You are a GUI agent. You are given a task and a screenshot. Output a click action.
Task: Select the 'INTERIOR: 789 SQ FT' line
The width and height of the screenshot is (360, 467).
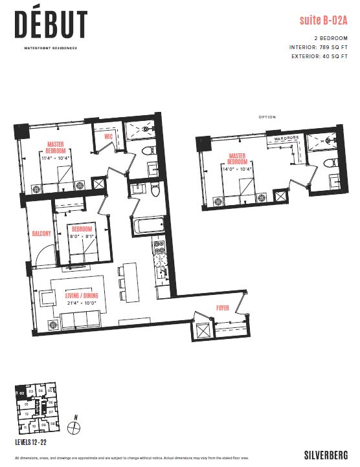[319, 48]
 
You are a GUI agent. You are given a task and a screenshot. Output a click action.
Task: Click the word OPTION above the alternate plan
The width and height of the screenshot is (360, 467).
[267, 117]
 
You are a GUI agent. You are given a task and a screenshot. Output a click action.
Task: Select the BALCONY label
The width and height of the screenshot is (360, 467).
[41, 234]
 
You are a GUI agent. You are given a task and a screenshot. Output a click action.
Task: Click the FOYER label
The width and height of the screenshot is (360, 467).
[223, 309]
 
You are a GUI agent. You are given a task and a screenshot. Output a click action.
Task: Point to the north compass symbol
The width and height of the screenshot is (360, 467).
[76, 426]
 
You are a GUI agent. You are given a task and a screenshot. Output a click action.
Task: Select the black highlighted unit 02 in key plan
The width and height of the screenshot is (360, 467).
[21, 392]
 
